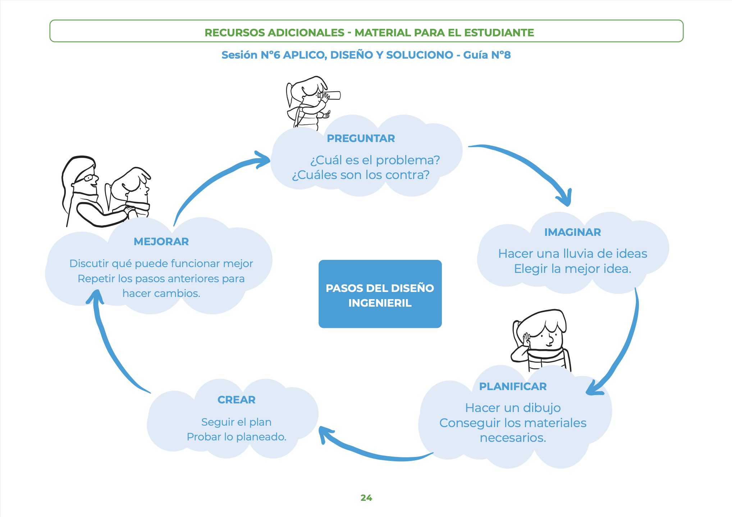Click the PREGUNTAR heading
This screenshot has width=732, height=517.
(361, 138)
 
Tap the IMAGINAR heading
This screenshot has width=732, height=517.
(572, 232)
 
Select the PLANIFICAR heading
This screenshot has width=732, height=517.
(513, 386)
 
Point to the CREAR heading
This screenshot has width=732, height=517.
(237, 400)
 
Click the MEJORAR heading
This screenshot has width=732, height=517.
(161, 242)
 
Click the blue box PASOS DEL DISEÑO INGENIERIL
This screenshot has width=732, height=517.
(380, 294)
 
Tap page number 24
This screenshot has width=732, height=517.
(366, 498)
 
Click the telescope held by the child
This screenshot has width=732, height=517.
(330, 96)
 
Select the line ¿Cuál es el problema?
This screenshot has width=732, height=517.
(375, 160)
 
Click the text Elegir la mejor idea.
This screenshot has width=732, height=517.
(572, 269)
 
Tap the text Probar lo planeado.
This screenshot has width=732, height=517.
(237, 437)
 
